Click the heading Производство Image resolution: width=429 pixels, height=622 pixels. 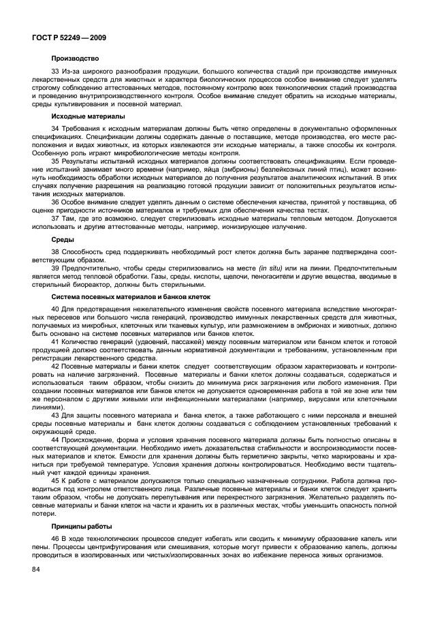pos(76,58)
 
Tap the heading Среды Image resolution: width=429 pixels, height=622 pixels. pos(63,240)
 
